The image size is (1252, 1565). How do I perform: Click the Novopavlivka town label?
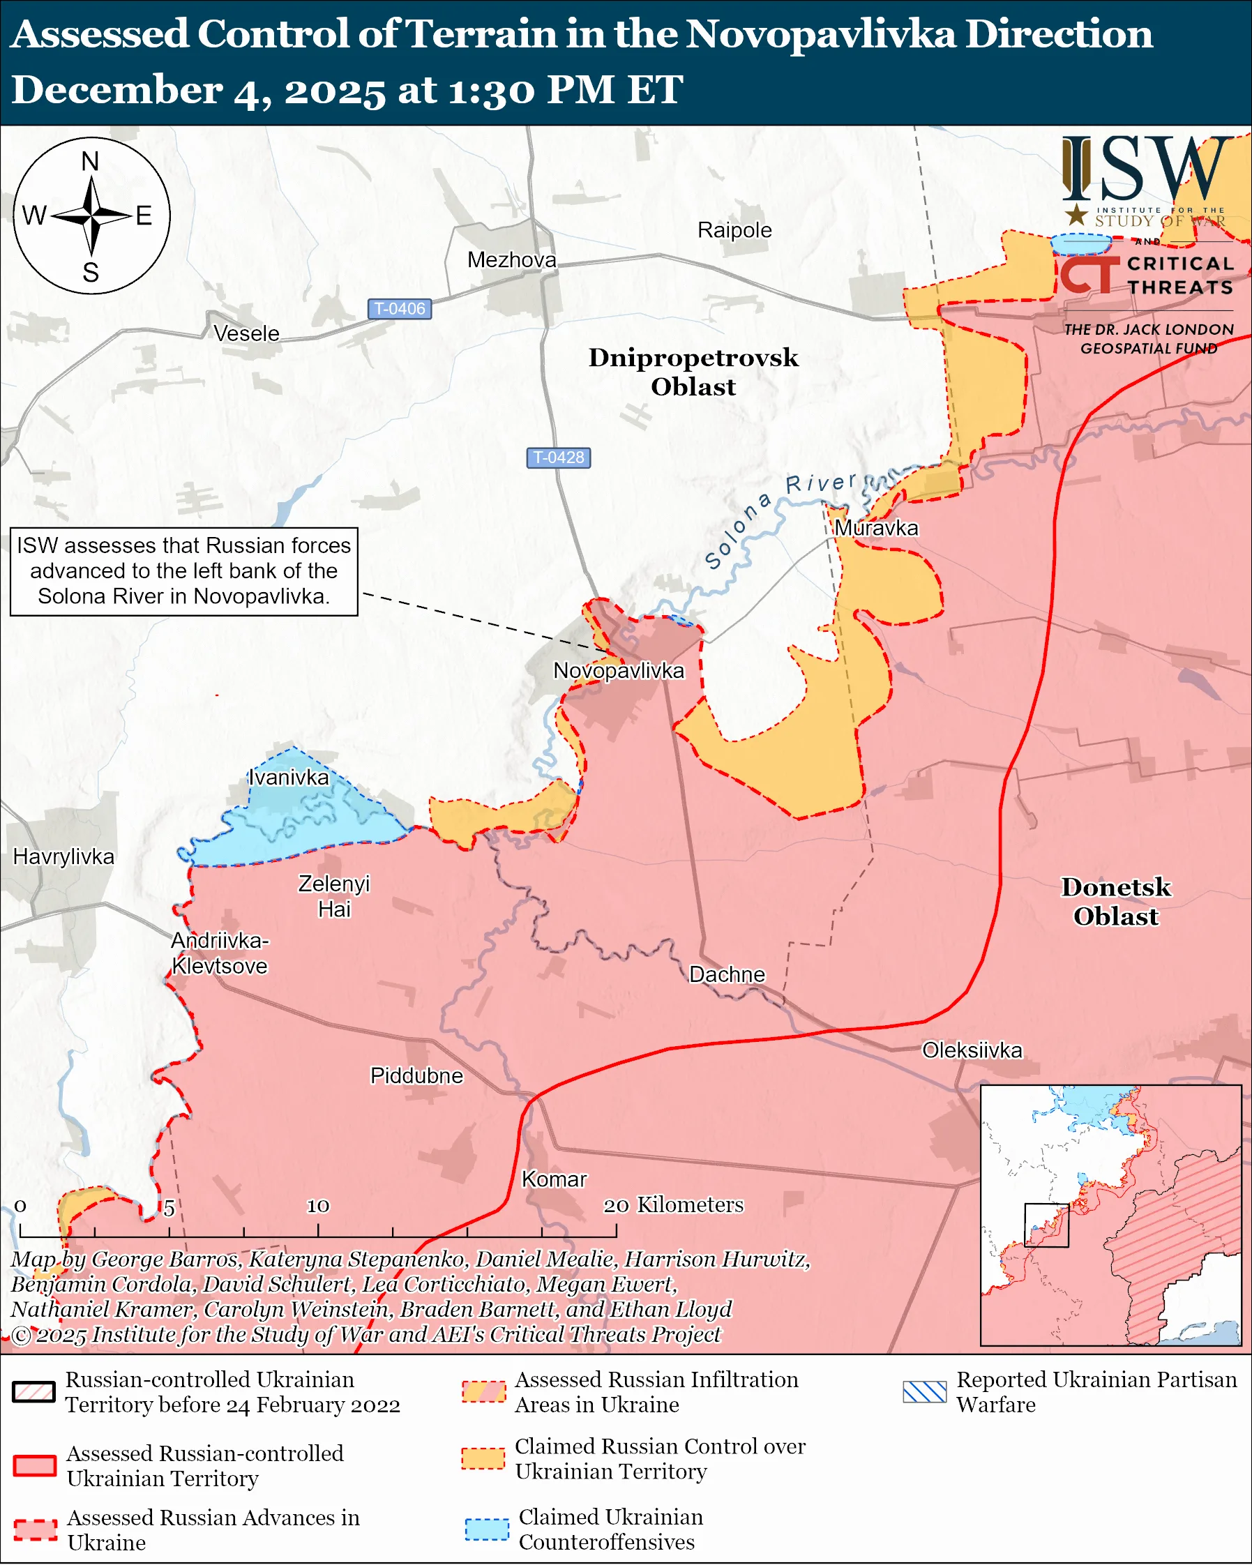click(x=619, y=670)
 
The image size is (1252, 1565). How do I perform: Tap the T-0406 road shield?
click(x=400, y=308)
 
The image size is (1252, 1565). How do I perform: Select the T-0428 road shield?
click(x=558, y=458)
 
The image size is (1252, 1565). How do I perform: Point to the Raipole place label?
click(x=734, y=230)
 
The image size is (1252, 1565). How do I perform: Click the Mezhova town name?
click(x=512, y=260)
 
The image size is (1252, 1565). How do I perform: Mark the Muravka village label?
click(x=876, y=528)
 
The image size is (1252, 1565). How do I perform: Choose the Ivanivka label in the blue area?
click(x=289, y=778)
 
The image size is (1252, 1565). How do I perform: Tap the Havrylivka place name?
click(x=64, y=856)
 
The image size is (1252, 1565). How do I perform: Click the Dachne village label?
click(x=727, y=974)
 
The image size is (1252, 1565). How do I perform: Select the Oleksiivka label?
click(x=972, y=1050)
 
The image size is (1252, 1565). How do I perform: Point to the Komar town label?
click(x=555, y=1179)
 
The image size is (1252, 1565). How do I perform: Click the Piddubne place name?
click(x=416, y=1075)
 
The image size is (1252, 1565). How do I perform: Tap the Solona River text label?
click(x=776, y=518)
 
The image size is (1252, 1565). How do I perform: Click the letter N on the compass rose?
click(x=90, y=161)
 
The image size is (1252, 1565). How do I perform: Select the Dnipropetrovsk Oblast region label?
click(x=693, y=372)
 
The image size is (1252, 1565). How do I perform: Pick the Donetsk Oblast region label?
click(x=1115, y=901)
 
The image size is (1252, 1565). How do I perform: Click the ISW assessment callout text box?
click(x=183, y=571)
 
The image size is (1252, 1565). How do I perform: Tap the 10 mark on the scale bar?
click(x=318, y=1206)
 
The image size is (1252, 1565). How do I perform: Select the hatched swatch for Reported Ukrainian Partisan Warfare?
click(x=925, y=1391)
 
